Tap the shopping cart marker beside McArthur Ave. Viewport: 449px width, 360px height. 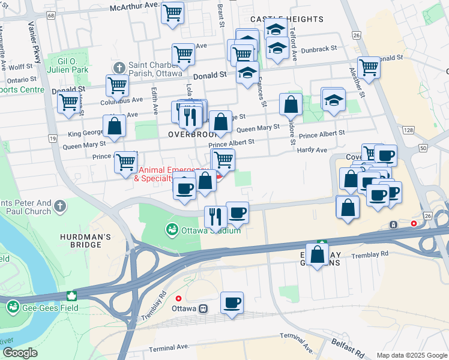173,13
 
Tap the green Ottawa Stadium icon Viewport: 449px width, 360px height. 172,230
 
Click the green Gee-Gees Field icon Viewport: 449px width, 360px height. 12,308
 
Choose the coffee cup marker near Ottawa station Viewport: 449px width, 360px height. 232,303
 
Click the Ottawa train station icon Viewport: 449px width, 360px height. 203,308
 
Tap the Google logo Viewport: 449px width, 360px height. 20,353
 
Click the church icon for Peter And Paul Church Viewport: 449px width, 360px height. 59,206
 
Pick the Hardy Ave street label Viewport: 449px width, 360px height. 312,150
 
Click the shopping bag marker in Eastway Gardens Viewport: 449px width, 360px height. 317,254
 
